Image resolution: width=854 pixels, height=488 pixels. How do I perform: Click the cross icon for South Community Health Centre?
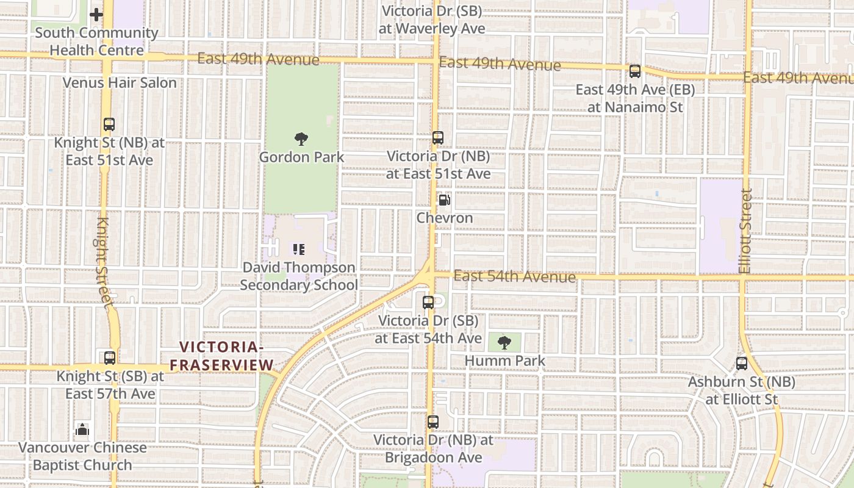pyautogui.click(x=96, y=15)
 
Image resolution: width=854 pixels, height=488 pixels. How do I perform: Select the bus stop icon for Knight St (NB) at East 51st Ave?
pyautogui.click(x=109, y=124)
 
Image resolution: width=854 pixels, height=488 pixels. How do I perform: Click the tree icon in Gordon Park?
pyautogui.click(x=301, y=139)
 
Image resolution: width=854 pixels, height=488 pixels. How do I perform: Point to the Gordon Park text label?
pyautogui.click(x=301, y=157)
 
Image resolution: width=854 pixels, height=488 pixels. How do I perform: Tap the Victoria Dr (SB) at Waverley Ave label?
pyautogui.click(x=432, y=20)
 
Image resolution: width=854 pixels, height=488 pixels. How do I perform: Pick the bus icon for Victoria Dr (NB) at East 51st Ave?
pyautogui.click(x=437, y=138)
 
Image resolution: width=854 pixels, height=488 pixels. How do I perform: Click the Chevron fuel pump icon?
pyautogui.click(x=445, y=199)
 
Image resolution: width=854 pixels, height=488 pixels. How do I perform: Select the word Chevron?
pyautogui.click(x=445, y=218)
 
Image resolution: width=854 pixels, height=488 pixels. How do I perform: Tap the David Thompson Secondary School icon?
pyautogui.click(x=299, y=249)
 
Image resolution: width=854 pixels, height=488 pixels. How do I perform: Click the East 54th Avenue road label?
pyautogui.click(x=515, y=277)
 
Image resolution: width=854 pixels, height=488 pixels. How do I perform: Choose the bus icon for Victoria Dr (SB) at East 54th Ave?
pyautogui.click(x=428, y=302)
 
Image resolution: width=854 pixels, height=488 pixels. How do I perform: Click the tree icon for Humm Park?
pyautogui.click(x=504, y=343)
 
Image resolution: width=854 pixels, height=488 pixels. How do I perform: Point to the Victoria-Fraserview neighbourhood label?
pyautogui.click(x=221, y=356)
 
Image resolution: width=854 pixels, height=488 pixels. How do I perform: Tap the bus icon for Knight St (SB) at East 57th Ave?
pyautogui.click(x=110, y=358)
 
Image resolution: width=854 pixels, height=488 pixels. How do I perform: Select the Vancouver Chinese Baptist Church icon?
pyautogui.click(x=82, y=429)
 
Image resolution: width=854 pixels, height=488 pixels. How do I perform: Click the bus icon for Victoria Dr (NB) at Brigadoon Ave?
pyautogui.click(x=432, y=422)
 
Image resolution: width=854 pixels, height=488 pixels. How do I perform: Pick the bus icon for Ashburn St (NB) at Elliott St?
pyautogui.click(x=742, y=364)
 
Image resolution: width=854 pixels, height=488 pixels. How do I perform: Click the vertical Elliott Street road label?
pyautogui.click(x=745, y=231)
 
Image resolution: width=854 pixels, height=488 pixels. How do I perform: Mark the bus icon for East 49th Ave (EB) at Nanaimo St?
pyautogui.click(x=635, y=71)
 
